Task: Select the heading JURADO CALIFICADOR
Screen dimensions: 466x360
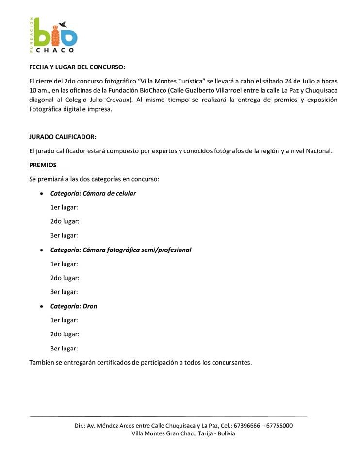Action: (66, 137)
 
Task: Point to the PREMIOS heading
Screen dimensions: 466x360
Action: (43, 165)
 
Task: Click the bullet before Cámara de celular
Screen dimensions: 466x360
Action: (41, 194)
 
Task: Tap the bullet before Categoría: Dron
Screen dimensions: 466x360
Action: (41, 307)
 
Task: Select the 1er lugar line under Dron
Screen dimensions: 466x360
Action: (64, 320)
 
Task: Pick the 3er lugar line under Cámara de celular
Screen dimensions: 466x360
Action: (64, 236)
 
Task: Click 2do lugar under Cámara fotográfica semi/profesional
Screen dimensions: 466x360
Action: (65, 278)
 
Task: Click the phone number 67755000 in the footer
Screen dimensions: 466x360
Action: (278, 426)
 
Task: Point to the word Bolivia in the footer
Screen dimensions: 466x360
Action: (226, 433)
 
